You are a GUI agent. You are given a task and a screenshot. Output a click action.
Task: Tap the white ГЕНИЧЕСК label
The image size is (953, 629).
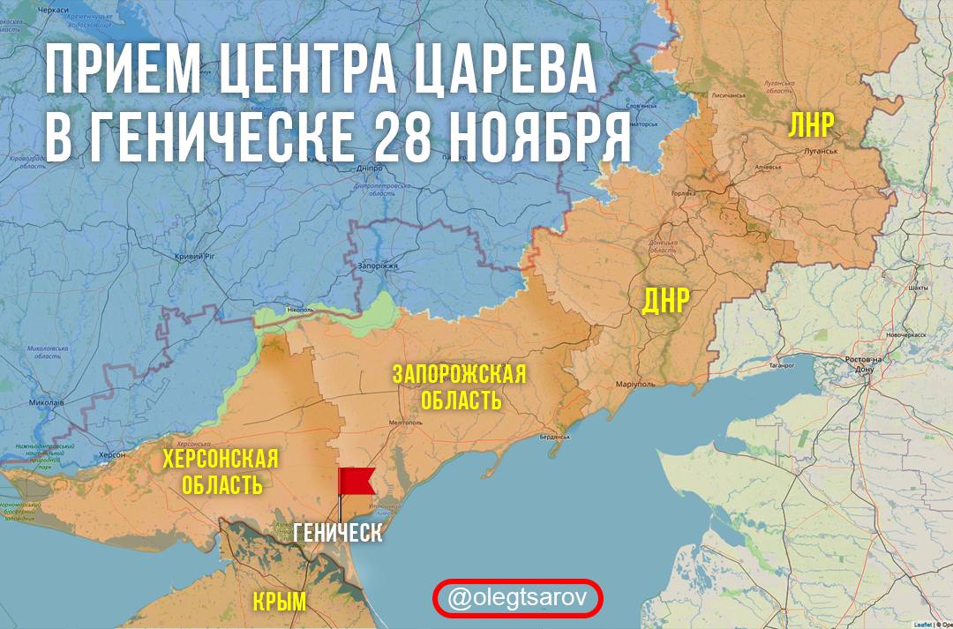click(x=339, y=533)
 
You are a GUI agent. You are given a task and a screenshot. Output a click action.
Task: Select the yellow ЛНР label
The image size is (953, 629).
click(x=810, y=125)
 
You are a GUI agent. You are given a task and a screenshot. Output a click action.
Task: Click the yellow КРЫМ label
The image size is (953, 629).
click(x=280, y=603)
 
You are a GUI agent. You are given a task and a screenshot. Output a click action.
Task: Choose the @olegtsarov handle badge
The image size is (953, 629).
click(x=517, y=598)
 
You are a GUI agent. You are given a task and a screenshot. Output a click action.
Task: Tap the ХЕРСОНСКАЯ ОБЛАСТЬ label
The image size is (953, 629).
click(x=220, y=471)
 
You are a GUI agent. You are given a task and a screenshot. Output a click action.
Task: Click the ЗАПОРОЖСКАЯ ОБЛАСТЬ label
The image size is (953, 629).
click(x=460, y=386)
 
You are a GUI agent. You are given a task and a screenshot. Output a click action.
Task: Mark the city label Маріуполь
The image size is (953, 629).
click(x=635, y=385)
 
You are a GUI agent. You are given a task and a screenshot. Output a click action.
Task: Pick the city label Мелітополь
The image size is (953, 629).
click(x=401, y=423)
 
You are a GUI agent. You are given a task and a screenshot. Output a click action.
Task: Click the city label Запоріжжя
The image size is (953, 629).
click(x=380, y=265)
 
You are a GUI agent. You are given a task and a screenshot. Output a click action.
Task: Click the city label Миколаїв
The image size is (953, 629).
click(x=46, y=402)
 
